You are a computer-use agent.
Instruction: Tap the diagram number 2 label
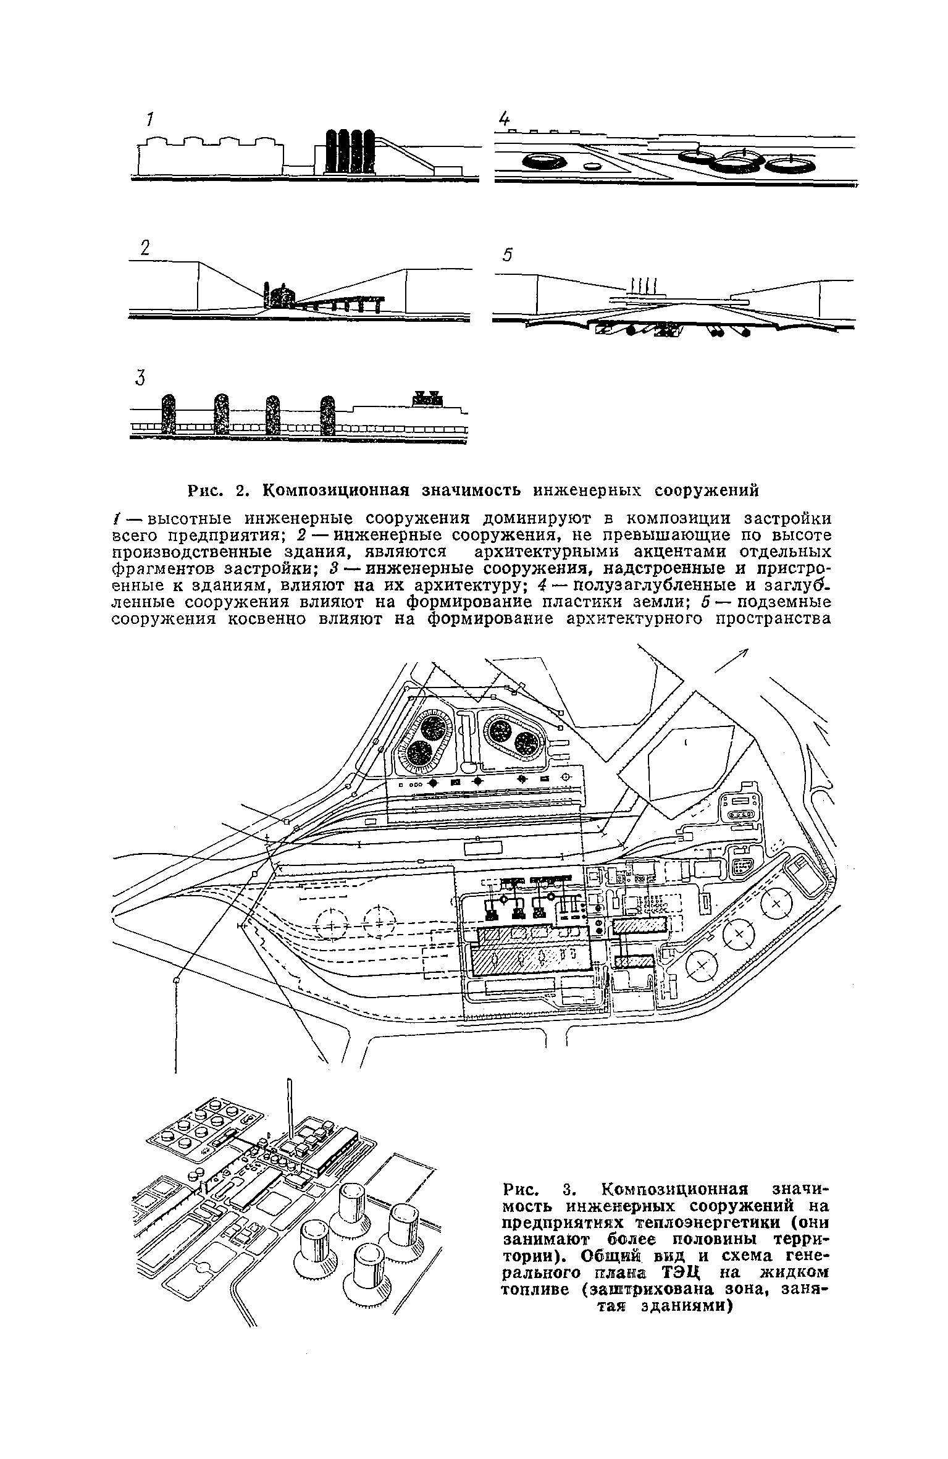click(145, 248)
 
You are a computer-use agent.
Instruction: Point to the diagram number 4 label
click(505, 119)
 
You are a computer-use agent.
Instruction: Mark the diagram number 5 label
click(508, 255)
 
